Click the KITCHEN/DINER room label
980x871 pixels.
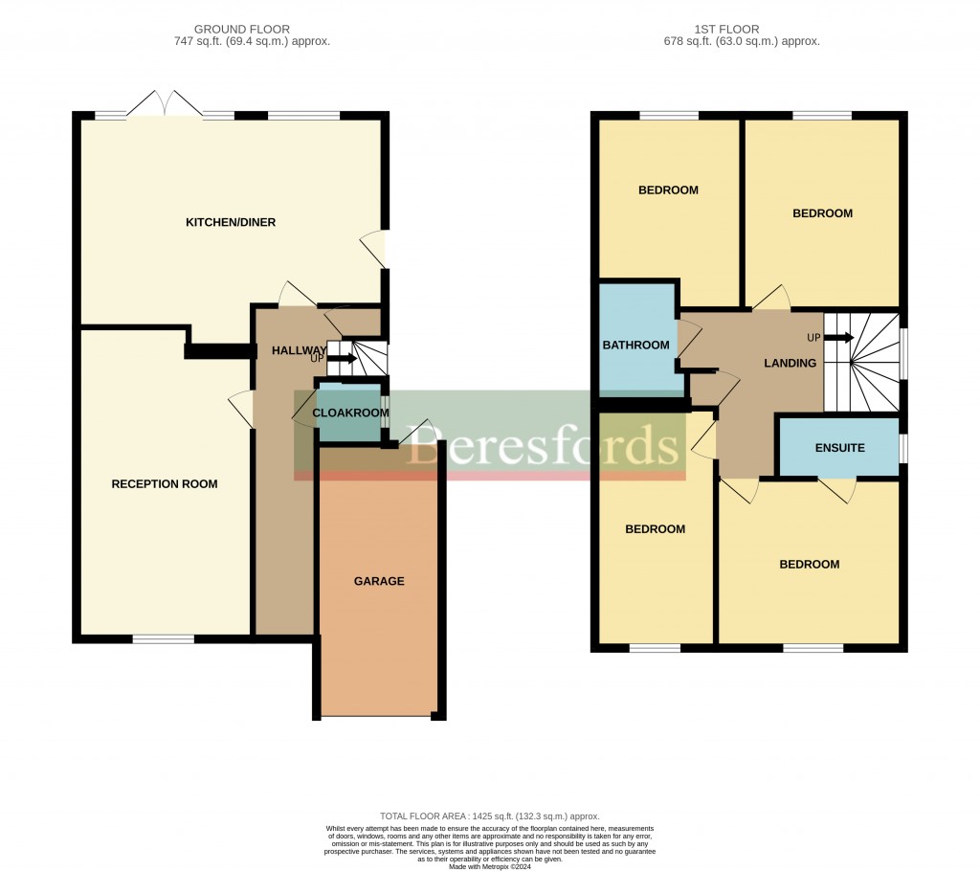pyautogui.click(x=230, y=223)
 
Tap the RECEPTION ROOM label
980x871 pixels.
pyautogui.click(x=165, y=484)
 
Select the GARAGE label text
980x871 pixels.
pyautogui.click(x=379, y=581)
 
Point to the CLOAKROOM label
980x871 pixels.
pyautogui.click(x=350, y=413)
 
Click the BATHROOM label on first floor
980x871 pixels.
pyautogui.click(x=635, y=346)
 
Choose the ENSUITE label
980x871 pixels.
pyautogui.click(x=839, y=448)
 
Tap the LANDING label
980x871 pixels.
pyautogui.click(x=790, y=364)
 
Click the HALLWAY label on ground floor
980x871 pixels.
pyautogui.click(x=300, y=351)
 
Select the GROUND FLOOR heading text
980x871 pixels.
pyautogui.click(x=242, y=30)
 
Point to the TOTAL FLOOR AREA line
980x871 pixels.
pyautogui.click(x=489, y=816)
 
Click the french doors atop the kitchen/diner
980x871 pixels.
pyautogui.click(x=166, y=103)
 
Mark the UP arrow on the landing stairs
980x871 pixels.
pyautogui.click(x=840, y=337)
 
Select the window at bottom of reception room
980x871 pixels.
pyautogui.click(x=163, y=638)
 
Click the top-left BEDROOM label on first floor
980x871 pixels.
pyautogui.click(x=668, y=190)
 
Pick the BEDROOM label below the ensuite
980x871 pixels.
pyautogui.click(x=809, y=565)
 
